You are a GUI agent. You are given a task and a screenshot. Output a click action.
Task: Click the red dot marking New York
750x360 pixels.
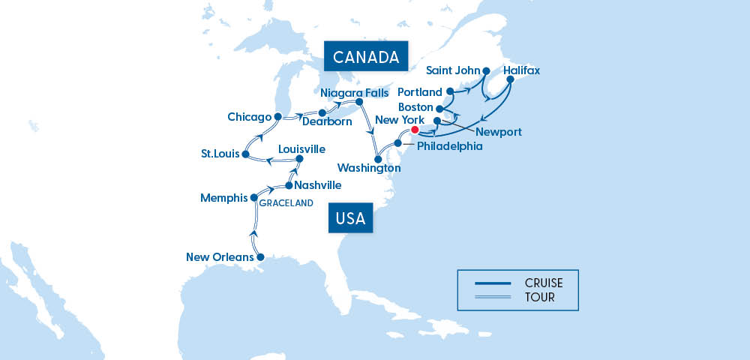415,130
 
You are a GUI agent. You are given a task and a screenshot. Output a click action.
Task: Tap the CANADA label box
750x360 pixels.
365,57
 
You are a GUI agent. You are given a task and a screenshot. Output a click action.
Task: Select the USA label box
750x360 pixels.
351,219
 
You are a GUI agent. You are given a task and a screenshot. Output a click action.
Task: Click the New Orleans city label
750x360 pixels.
220,258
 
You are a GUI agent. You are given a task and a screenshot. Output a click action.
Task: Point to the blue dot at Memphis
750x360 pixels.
253,198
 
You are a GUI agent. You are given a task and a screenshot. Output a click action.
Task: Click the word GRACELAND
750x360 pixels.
286,202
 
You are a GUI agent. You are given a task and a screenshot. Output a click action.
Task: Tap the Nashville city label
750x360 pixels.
318,185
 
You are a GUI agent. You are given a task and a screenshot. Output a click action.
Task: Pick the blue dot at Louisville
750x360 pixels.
299,159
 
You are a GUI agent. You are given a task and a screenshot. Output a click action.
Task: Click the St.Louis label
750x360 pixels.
220,154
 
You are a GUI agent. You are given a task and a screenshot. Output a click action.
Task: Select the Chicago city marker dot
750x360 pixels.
277,117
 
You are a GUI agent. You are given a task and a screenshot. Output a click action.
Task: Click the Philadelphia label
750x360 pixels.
449,146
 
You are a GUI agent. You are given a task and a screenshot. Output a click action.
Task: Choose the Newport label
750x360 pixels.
499,132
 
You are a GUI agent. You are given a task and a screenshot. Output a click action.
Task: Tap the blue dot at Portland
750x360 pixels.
450,91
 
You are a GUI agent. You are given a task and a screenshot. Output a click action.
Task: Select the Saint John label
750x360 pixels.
452,71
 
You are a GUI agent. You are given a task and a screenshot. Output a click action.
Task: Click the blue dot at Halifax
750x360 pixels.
510,78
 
